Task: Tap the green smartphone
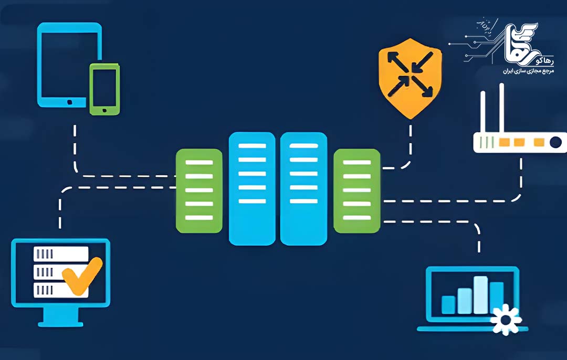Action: click(x=104, y=89)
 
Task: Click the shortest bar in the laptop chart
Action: click(x=448, y=304)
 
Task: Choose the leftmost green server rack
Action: click(x=199, y=190)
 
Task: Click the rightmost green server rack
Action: click(x=356, y=190)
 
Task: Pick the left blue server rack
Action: click(x=252, y=188)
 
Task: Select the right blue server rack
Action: click(x=303, y=188)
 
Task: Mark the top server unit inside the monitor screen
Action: click(x=60, y=254)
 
